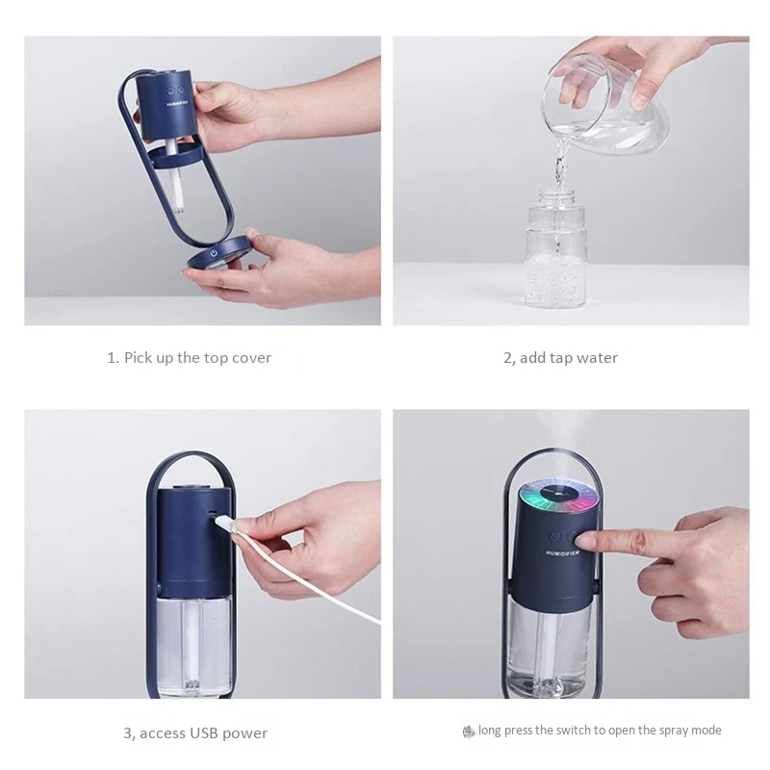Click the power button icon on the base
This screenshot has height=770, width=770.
click(x=214, y=253)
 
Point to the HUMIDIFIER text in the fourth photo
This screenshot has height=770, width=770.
click(x=563, y=552)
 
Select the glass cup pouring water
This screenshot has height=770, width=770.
click(x=604, y=106)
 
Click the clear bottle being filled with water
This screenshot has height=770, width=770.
click(x=556, y=249)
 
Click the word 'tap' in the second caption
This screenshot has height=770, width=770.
click(x=561, y=358)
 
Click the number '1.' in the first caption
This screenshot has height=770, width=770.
click(x=113, y=357)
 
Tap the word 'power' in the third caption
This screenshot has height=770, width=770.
click(x=244, y=734)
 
